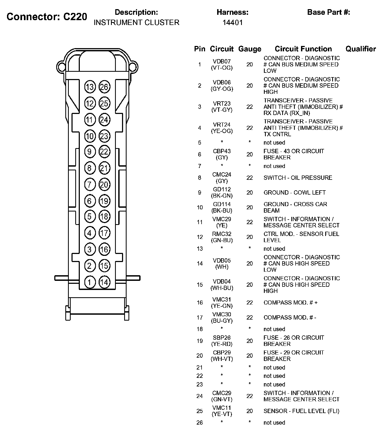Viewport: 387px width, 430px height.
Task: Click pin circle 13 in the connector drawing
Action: [90, 87]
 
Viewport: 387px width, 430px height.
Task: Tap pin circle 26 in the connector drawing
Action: [104, 87]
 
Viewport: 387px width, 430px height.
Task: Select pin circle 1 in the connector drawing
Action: [90, 282]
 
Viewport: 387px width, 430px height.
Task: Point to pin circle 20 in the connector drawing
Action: [104, 185]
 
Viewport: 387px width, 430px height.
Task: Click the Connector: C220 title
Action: [47, 17]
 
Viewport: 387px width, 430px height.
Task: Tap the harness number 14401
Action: [232, 23]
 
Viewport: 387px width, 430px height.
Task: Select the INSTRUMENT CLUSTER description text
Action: [136, 23]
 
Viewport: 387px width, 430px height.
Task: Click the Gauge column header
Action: [250, 49]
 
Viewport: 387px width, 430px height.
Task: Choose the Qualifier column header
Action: [361, 49]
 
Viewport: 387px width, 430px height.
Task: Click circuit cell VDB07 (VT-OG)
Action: [222, 64]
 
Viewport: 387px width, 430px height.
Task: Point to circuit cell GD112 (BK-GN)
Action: [222, 192]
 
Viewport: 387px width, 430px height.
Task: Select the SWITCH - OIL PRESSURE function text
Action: [298, 178]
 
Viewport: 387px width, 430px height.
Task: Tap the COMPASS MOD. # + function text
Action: [291, 303]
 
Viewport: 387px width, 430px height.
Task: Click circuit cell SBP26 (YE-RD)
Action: [222, 341]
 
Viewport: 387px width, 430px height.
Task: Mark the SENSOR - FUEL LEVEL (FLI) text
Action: [301, 411]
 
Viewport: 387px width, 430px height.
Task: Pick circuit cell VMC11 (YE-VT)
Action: [222, 411]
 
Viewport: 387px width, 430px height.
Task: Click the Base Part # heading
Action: [328, 12]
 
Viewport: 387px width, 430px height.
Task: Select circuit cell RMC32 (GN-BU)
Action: [222, 237]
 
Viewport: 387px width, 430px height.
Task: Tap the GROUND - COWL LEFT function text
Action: [295, 192]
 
